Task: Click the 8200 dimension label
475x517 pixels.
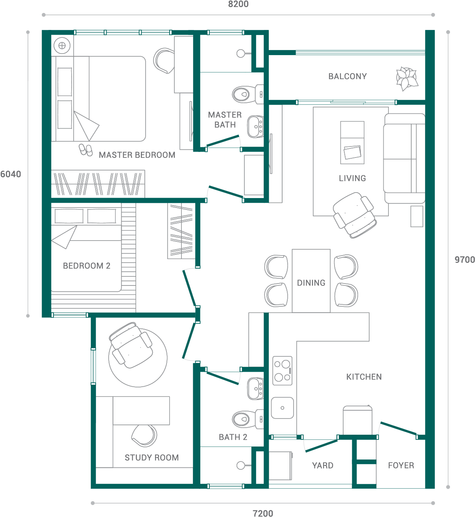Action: [238, 4]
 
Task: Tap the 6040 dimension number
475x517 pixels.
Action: [11, 174]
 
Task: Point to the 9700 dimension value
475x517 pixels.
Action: [464, 260]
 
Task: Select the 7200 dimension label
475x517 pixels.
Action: [262, 513]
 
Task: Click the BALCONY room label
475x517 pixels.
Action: [347, 76]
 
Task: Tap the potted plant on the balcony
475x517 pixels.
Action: [407, 78]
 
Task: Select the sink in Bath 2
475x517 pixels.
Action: [255, 388]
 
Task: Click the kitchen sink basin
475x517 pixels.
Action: [282, 408]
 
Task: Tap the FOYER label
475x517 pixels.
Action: [401, 465]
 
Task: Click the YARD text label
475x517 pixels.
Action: [322, 465]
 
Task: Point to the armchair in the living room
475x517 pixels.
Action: [354, 215]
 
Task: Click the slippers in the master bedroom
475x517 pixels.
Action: [86, 149]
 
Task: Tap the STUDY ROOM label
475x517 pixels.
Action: [152, 458]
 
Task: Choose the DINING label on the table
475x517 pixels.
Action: [311, 283]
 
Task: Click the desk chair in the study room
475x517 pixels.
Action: [144, 435]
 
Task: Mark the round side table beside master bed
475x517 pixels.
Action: [62, 46]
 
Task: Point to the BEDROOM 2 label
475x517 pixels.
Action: [87, 266]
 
